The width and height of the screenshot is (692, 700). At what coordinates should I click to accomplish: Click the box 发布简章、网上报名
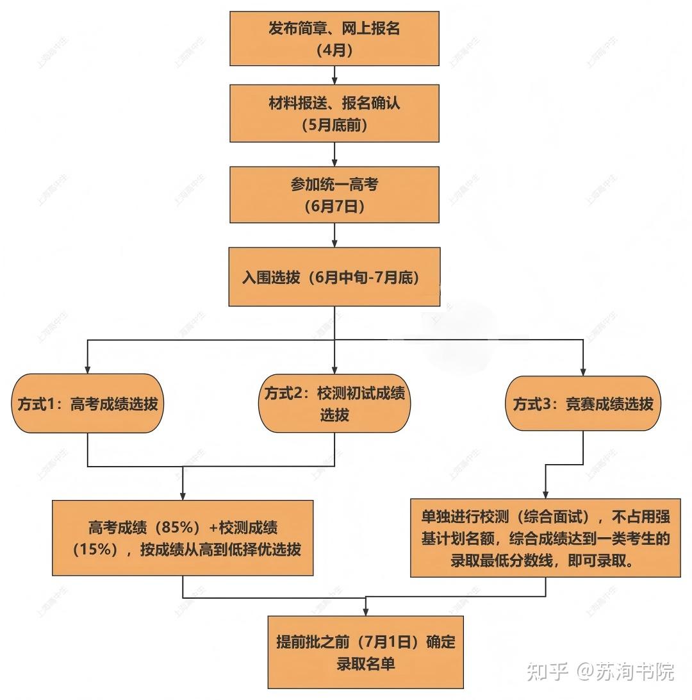point(334,38)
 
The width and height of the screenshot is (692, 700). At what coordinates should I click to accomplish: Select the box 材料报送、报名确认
point(334,113)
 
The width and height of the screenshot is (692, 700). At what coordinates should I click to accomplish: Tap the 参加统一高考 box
point(334,194)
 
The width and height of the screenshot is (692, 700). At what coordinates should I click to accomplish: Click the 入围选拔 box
point(334,278)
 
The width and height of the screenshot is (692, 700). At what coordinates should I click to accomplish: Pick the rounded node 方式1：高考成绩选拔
point(87,404)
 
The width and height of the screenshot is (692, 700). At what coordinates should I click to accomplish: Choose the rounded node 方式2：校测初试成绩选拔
point(334,404)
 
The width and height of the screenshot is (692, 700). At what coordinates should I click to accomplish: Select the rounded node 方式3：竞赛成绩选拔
point(582,404)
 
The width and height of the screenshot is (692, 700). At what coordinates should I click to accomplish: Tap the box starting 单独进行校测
point(545,538)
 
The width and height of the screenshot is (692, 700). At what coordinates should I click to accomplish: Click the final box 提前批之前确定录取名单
point(365,651)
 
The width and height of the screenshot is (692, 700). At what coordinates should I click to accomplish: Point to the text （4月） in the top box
point(334,50)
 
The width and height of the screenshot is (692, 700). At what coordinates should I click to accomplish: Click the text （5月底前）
point(334,126)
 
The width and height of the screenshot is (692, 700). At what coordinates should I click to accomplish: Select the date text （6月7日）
point(334,206)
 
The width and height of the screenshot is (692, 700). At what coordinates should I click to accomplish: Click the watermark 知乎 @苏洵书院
point(600,671)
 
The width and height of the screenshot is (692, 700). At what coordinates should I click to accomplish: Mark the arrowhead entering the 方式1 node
point(87,370)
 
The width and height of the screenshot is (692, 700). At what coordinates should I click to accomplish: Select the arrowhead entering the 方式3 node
point(582,370)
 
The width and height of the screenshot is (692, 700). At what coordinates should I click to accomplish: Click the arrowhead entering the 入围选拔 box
point(334,245)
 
